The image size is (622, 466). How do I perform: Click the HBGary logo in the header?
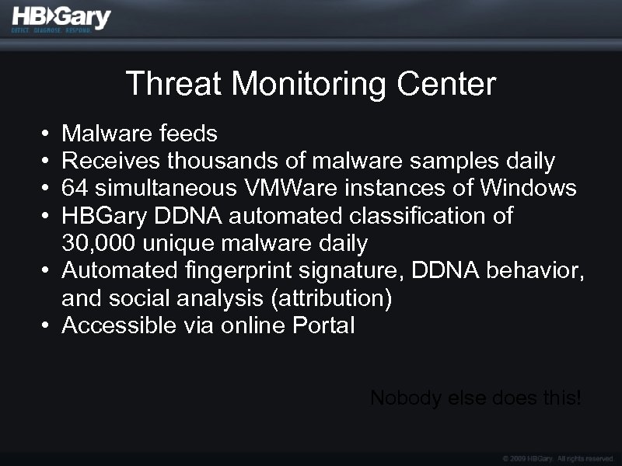tap(61, 16)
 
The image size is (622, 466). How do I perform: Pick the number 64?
tap(75, 189)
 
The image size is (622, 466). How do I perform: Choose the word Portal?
tap(323, 326)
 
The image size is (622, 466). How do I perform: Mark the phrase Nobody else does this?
tap(476, 398)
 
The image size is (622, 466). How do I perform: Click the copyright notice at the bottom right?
tap(559, 458)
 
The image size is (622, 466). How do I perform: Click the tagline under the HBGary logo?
tap(51, 31)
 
